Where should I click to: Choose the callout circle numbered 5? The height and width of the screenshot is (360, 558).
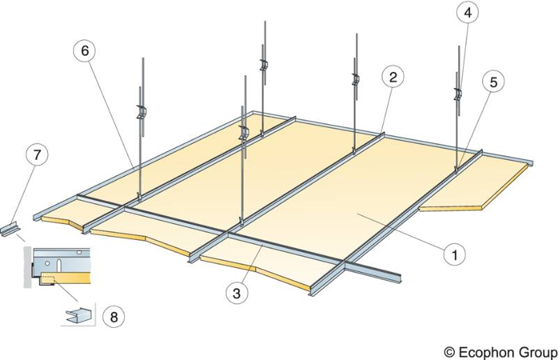(x=494, y=82)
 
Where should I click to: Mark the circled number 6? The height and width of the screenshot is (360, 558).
(x=84, y=51)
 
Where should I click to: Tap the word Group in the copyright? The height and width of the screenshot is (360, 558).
(x=538, y=349)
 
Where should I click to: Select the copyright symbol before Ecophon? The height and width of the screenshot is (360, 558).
(x=451, y=349)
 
